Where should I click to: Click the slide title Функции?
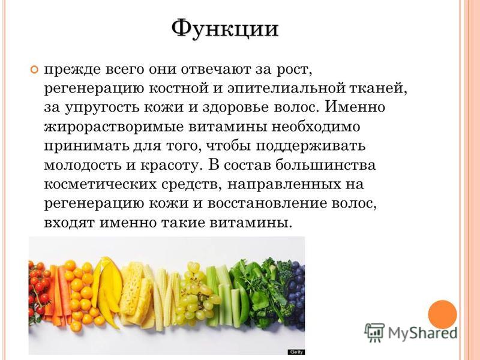click(225, 29)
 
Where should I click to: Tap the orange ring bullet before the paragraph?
click(35, 70)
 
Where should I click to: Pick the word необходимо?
click(316, 127)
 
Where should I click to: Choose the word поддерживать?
click(310, 146)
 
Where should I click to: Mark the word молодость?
click(83, 166)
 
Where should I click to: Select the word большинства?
click(325, 165)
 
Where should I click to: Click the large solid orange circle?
click(442, 314)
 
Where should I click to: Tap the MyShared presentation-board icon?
click(374, 332)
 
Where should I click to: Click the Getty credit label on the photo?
click(296, 352)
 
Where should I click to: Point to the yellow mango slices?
click(107, 291)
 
